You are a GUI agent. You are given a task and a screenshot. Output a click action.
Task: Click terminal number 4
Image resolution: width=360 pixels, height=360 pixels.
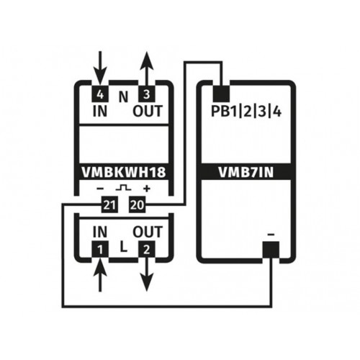(100, 94)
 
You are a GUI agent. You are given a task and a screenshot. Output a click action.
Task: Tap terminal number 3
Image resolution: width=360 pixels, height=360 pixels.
(147, 94)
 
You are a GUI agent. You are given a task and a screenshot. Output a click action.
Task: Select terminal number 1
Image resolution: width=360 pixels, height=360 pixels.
(100, 249)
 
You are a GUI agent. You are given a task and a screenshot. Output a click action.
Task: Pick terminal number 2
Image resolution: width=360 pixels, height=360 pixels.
(147, 249)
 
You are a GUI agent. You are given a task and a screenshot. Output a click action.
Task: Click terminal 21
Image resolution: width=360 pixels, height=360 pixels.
(109, 204)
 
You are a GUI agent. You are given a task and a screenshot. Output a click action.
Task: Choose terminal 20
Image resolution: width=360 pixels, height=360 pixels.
(138, 204)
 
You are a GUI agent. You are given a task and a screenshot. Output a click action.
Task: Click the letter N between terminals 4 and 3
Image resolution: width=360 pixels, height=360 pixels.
(123, 97)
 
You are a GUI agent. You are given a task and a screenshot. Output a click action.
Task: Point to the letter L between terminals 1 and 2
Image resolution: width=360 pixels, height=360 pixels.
(123, 247)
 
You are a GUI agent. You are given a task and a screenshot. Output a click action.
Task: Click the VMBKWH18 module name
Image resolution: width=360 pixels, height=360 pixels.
(124, 172)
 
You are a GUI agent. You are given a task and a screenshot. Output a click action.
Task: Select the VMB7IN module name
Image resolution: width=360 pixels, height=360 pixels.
(246, 172)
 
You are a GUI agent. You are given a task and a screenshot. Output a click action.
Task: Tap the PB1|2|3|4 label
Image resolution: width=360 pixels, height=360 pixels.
(246, 112)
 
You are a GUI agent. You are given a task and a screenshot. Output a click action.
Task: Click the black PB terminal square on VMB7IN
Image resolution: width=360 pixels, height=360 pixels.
(222, 94)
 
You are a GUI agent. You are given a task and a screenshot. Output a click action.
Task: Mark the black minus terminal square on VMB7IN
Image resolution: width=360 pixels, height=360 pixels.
(271, 250)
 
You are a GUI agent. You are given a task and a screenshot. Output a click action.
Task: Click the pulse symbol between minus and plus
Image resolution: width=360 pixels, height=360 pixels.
(123, 187)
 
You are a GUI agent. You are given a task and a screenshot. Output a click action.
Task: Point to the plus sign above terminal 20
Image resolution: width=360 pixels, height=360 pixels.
(147, 189)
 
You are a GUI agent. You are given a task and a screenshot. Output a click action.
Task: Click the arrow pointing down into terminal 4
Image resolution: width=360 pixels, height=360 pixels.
(100, 68)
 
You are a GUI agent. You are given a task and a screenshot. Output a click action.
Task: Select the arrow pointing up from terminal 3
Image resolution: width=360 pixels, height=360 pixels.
(147, 69)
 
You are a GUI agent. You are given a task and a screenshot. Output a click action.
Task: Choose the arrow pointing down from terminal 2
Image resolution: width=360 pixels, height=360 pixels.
(147, 274)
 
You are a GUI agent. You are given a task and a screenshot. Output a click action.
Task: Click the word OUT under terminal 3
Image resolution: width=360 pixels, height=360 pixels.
(148, 112)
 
